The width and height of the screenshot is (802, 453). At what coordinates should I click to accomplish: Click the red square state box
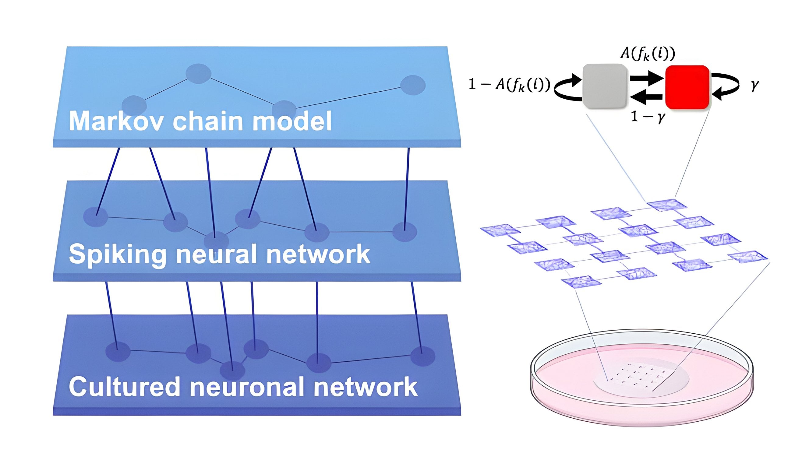click(x=687, y=87)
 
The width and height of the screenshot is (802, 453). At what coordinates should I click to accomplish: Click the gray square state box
click(x=604, y=86)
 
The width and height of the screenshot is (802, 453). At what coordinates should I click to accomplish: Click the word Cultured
click(x=125, y=387)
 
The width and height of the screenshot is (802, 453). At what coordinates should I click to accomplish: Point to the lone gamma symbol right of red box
click(x=754, y=85)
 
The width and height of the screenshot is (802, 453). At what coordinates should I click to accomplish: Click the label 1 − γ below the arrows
click(x=648, y=117)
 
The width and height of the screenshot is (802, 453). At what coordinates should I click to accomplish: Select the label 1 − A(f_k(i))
click(x=509, y=85)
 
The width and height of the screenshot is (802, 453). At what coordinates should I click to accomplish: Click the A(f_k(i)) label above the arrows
click(x=648, y=54)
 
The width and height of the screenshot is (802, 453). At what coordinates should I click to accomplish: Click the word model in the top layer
click(x=292, y=121)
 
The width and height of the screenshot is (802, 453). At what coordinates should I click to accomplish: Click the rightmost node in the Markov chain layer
click(x=412, y=85)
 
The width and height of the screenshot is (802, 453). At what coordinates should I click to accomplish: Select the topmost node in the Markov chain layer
click(x=198, y=74)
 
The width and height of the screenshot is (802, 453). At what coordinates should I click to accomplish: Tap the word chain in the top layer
click(x=208, y=121)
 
